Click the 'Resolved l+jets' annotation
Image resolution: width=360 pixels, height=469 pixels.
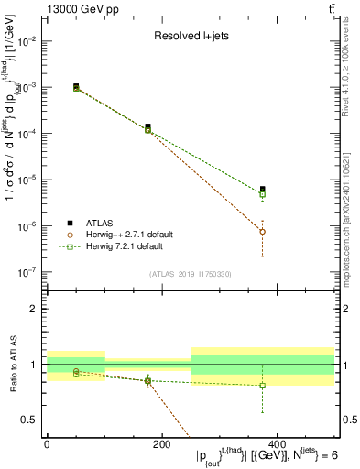point(189,37)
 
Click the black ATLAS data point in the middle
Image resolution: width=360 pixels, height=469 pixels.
point(147,127)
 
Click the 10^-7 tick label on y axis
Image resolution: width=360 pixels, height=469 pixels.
point(27,272)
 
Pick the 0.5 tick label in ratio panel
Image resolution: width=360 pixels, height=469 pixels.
point(28,420)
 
